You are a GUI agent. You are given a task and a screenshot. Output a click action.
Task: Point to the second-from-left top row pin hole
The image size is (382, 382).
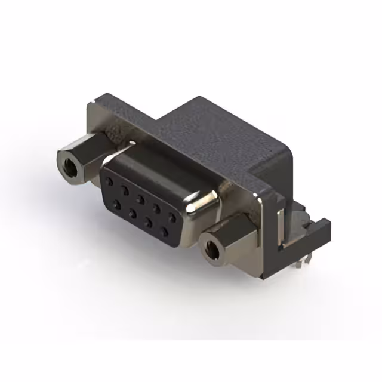coord(126,189)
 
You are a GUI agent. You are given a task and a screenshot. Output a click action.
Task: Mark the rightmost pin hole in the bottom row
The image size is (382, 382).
coord(163,230)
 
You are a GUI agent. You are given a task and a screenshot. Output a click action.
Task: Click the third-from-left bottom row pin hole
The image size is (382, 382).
coord(147,221)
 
